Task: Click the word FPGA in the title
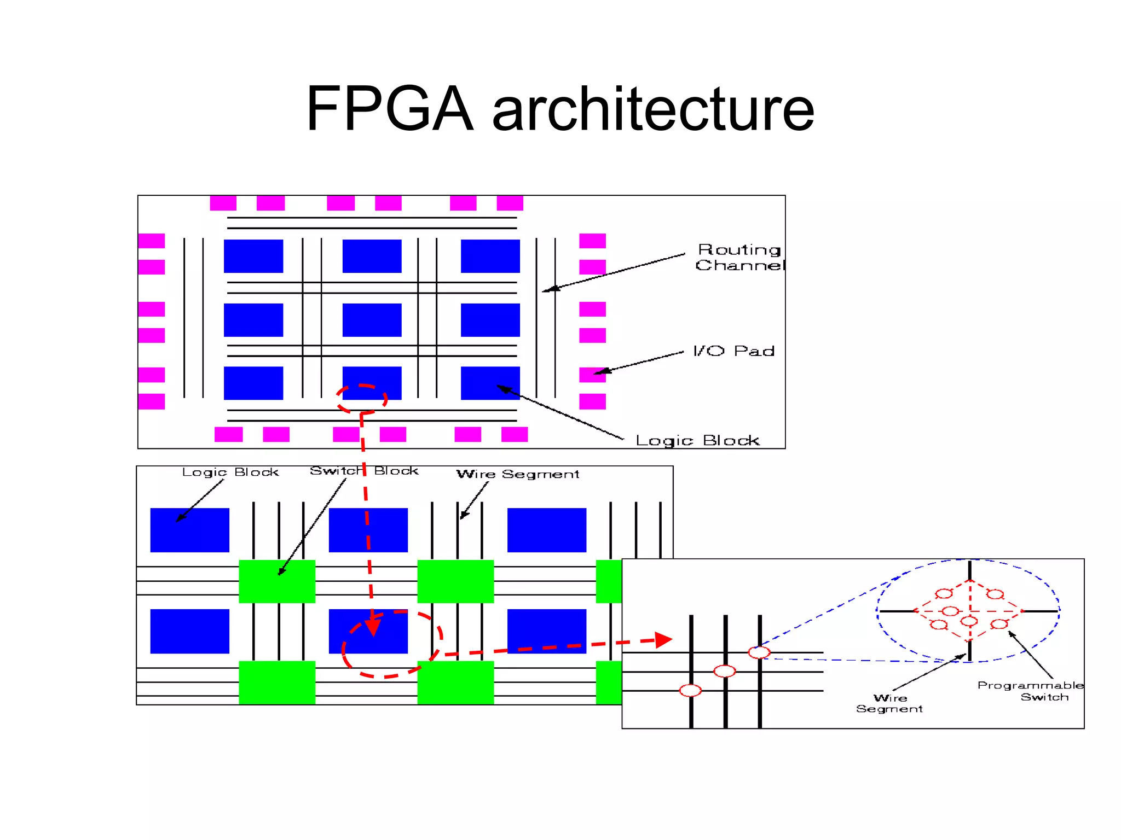[389, 109]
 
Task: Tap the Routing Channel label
[739, 258]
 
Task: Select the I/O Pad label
[733, 351]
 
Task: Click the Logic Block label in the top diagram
[697, 440]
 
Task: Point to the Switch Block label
[364, 471]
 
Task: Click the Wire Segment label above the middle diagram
[518, 474]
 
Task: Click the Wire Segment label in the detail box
[889, 703]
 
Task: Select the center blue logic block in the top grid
[372, 320]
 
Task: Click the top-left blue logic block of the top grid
[253, 256]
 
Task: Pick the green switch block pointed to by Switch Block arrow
[277, 581]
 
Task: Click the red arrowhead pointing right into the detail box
[663, 640]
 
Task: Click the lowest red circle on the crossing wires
[690, 691]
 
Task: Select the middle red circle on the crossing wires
[725, 671]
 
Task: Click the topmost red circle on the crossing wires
[759, 652]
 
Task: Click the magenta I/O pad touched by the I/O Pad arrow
[592, 375]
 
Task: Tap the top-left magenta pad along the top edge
[223, 203]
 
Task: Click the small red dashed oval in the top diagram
[362, 399]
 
